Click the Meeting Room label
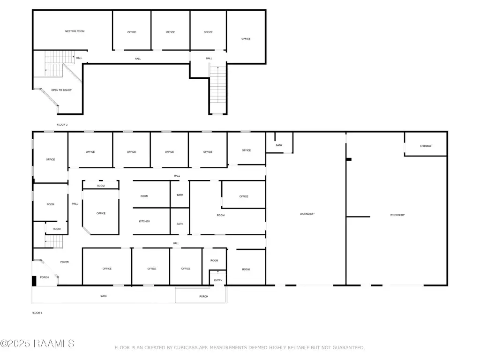75,31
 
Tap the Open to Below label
61,90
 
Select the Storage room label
426,146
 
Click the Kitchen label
144,221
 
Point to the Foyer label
64,262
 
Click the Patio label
103,296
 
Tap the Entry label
218,280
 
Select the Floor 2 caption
62,125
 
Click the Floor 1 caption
37,313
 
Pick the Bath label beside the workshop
278,145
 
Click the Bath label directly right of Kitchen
180,224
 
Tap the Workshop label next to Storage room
397,215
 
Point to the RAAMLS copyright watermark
37,344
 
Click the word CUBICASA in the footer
186,348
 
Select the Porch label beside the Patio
203,296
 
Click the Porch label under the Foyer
45,277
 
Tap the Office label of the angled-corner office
101,213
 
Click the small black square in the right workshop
349,159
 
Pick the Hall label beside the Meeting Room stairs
79,58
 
